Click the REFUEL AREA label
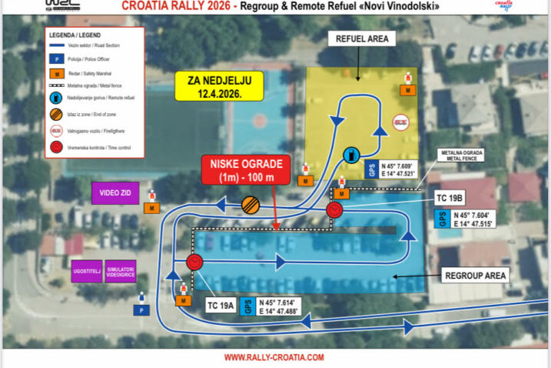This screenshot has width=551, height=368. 360,38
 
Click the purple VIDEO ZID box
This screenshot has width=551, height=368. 115,192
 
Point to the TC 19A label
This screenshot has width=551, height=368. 221,304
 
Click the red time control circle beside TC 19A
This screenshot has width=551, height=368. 194,263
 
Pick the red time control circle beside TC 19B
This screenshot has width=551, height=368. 334,210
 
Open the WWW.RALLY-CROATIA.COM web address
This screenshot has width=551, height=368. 274,357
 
